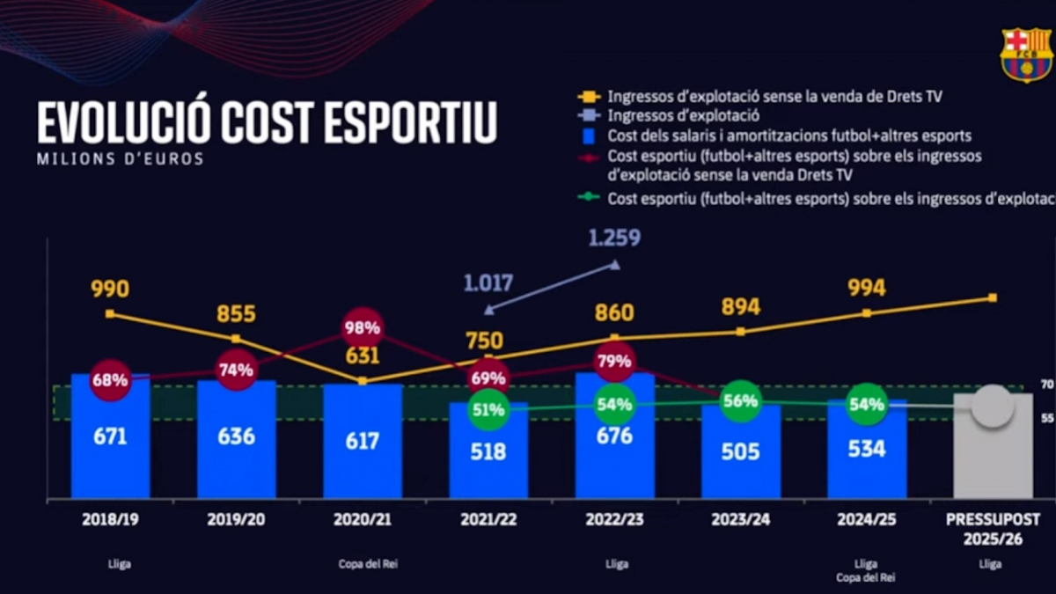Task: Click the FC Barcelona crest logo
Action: click(x=1026, y=55)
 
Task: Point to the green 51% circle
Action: click(x=488, y=409)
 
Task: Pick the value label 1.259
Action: click(x=614, y=238)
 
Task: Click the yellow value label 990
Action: click(x=110, y=290)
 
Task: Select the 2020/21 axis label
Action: click(x=362, y=520)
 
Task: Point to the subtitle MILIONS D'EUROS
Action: click(x=120, y=159)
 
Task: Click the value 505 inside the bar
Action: click(x=740, y=451)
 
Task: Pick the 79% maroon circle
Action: click(x=614, y=361)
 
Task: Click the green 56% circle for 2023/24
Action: click(x=740, y=400)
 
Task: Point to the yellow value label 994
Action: click(x=867, y=288)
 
